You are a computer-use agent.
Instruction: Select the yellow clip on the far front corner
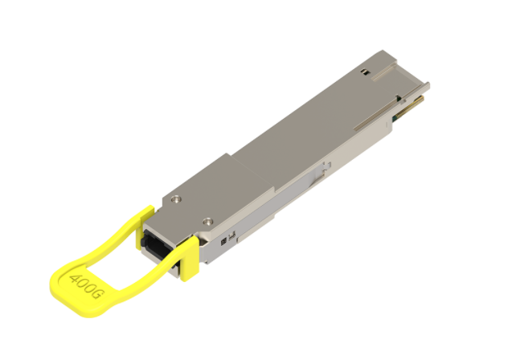(145, 214)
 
